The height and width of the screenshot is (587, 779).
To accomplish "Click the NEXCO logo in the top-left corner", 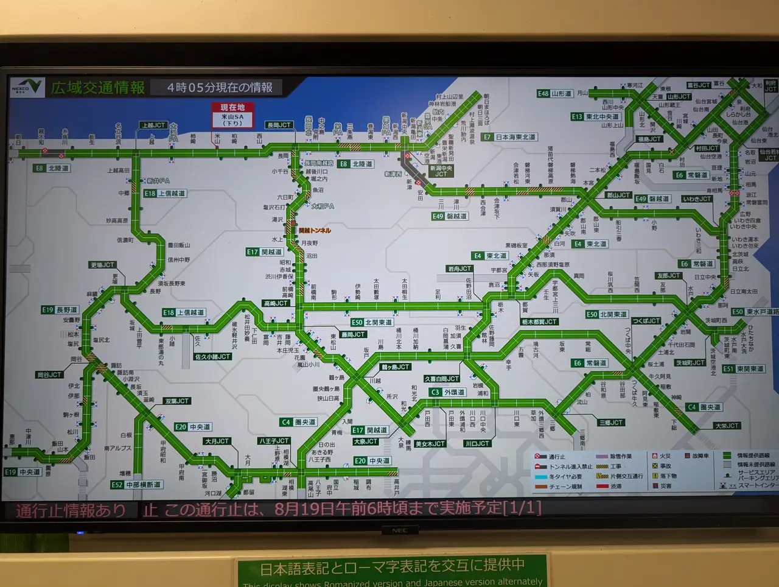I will [x=27, y=87].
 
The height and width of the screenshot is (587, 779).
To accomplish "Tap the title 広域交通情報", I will [x=97, y=88].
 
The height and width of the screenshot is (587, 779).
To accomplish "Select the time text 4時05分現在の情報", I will [x=220, y=88].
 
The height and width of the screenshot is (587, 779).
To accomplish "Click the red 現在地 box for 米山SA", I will [x=232, y=114].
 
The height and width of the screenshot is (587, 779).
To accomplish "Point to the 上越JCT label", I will [x=153, y=125].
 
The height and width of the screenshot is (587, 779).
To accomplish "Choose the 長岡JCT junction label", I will [x=279, y=125].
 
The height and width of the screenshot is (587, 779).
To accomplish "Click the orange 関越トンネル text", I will [x=315, y=231].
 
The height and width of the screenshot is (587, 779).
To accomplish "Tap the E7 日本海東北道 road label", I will [x=510, y=137].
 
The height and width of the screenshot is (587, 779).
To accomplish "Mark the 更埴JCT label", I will [x=102, y=265].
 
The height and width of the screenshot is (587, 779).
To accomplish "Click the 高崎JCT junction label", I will [x=276, y=303].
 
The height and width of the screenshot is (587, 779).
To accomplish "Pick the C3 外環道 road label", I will [x=447, y=392].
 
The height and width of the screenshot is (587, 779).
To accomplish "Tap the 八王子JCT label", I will [x=273, y=440].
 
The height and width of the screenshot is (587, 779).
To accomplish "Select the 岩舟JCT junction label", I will [x=459, y=269].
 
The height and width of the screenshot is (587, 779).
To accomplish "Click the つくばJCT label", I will [x=646, y=320].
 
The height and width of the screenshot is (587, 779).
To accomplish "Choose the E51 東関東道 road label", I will [x=743, y=369].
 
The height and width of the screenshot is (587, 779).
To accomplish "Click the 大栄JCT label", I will [x=727, y=426].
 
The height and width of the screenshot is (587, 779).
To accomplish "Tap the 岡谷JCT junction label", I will [x=49, y=374].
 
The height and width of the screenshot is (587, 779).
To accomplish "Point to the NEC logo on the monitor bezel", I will [x=399, y=530].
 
